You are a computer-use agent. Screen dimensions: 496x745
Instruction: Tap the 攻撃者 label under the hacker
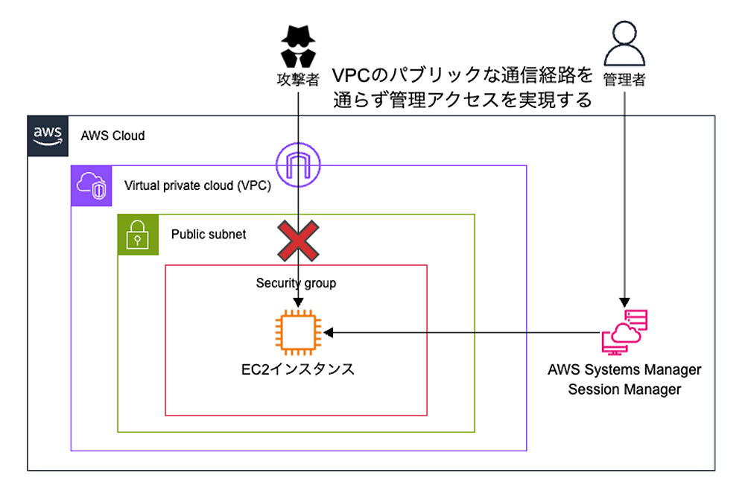click(297, 79)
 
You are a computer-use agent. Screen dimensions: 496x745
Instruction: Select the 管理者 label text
click(624, 79)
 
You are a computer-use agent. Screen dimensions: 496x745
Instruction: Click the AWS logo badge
click(48, 135)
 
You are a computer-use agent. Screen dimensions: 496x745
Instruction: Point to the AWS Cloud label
click(112, 136)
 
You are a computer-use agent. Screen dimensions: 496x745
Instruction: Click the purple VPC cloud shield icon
click(90, 185)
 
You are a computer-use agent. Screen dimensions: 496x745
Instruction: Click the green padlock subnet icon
click(138, 234)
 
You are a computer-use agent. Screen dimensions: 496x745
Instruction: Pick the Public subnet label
click(209, 234)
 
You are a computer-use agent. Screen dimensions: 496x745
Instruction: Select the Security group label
click(296, 283)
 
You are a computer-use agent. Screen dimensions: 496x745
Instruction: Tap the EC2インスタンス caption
click(297, 369)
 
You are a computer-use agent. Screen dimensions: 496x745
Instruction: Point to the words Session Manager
click(624, 390)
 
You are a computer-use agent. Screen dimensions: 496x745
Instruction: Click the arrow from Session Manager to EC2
click(462, 332)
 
